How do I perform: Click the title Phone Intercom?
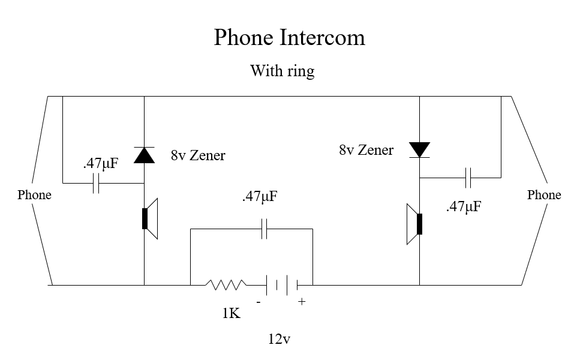click(289, 38)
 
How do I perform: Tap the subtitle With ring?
click(282, 71)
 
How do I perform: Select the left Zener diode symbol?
click(144, 155)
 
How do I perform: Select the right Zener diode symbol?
click(419, 149)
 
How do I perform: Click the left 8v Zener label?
click(198, 156)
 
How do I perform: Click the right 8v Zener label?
click(366, 150)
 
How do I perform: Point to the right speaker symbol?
click(414, 224)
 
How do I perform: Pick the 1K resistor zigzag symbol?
click(226, 284)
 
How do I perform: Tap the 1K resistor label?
click(232, 313)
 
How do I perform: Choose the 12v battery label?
click(280, 339)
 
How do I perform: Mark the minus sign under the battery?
click(259, 302)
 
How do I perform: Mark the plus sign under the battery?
click(302, 302)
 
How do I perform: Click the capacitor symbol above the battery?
click(264, 229)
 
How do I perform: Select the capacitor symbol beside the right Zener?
click(469, 178)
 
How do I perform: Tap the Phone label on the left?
click(34, 195)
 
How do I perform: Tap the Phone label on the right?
click(544, 195)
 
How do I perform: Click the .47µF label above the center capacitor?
click(260, 197)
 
